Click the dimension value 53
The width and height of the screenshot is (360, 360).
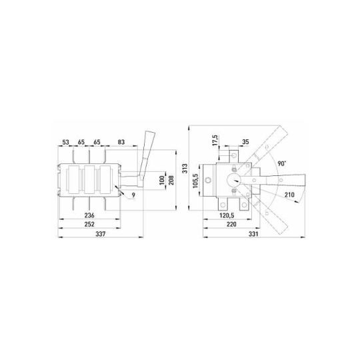coord(65,142)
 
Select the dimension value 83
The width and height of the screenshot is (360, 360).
coord(121,142)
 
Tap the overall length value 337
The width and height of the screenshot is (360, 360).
coord(101,234)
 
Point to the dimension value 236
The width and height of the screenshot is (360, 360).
coord(89,215)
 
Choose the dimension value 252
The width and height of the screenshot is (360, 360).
coord(89,224)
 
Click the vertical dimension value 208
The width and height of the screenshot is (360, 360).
coord(171,180)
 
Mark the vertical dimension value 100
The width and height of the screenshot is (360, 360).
coord(162,180)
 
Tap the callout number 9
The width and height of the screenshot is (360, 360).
coord(133,195)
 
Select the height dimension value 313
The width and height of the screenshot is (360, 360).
coord(185,168)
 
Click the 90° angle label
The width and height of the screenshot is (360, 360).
coord(282,163)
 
